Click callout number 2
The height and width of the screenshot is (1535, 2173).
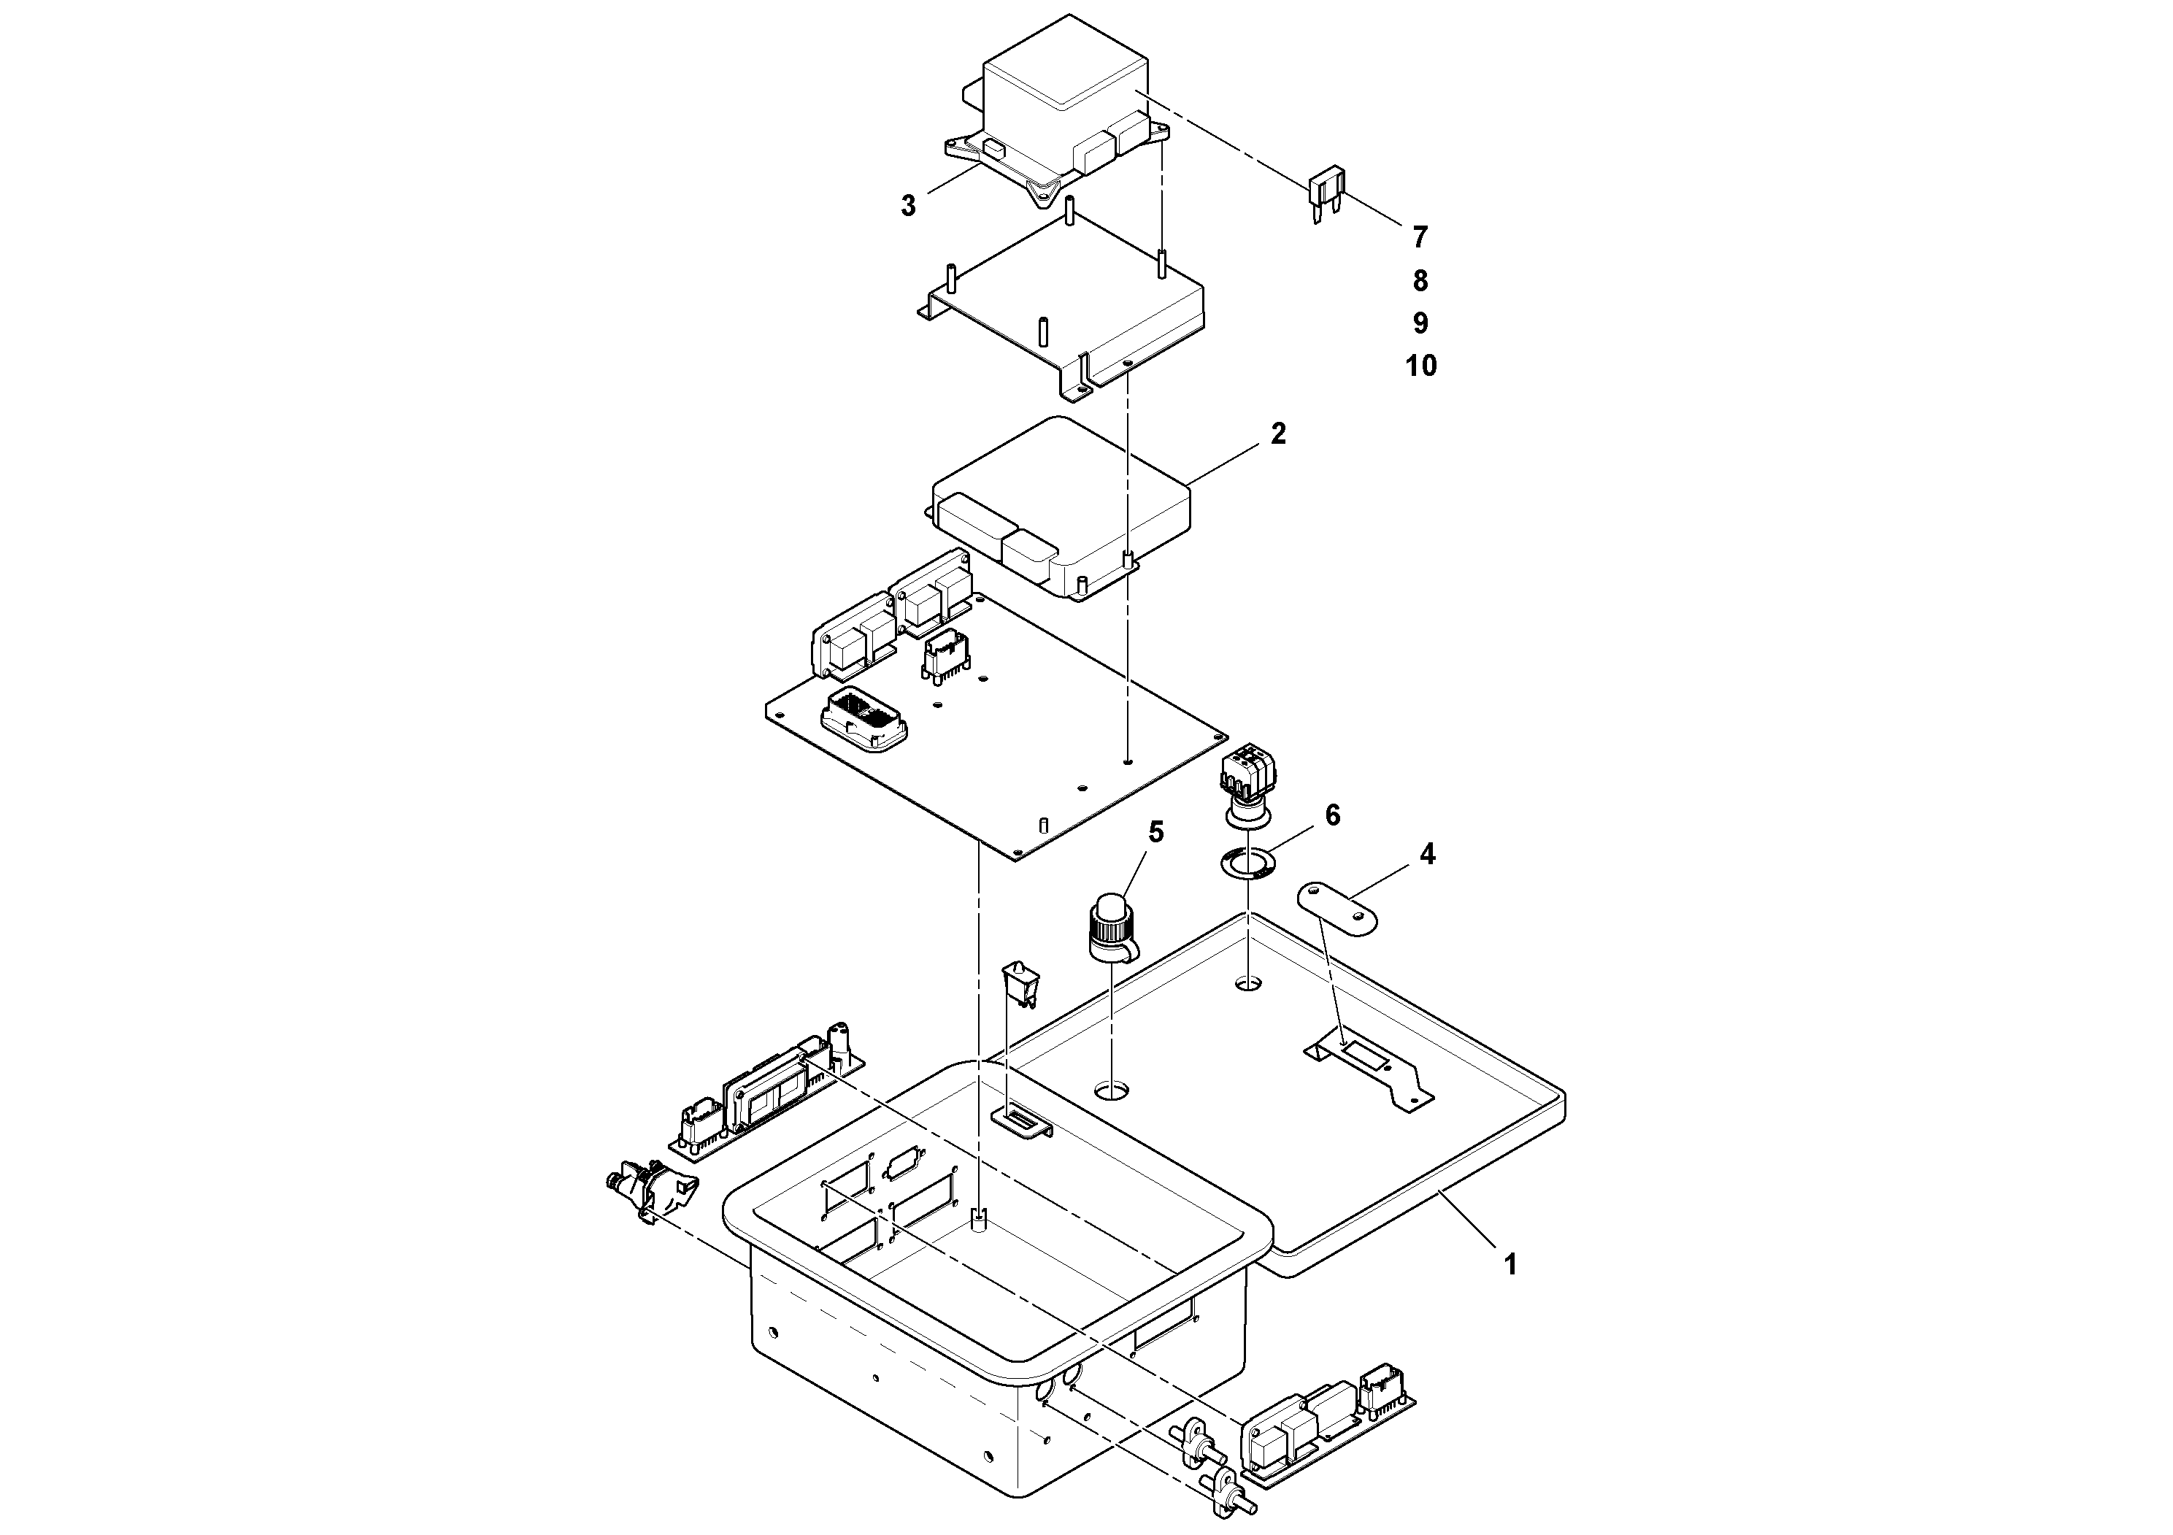1279,434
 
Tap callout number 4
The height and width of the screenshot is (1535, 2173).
1427,855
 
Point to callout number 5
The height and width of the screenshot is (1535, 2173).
1155,833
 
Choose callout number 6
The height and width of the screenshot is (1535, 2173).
1333,816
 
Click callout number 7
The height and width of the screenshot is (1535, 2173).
1420,236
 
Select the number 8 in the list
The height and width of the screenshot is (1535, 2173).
1420,281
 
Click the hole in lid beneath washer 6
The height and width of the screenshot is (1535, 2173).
1248,984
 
